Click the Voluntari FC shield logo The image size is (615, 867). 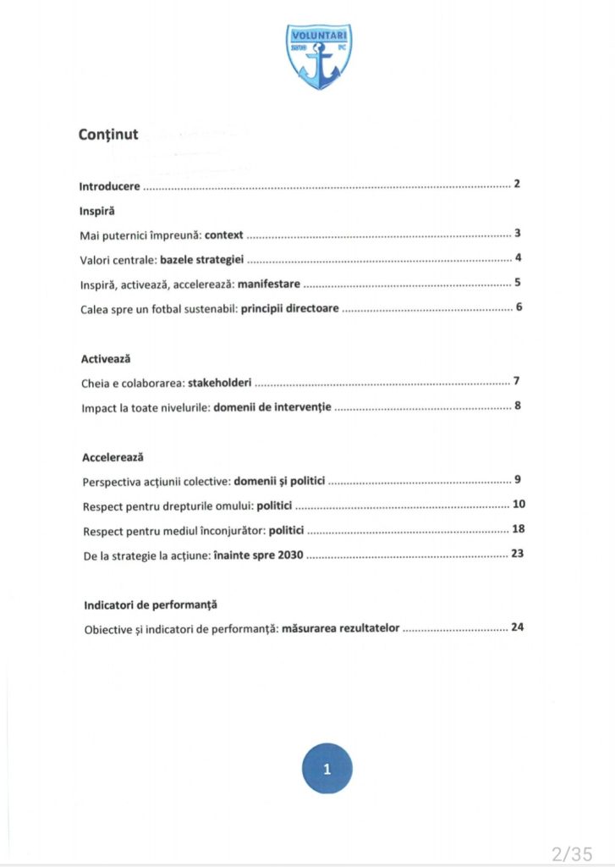point(319,57)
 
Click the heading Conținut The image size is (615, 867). point(108,135)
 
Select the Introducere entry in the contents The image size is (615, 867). point(110,185)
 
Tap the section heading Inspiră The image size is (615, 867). point(96,209)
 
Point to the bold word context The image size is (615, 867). point(223,235)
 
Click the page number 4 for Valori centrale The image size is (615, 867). point(518,258)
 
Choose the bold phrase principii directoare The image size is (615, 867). point(290,308)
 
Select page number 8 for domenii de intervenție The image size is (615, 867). point(517,406)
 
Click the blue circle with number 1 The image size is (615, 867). point(327,769)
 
